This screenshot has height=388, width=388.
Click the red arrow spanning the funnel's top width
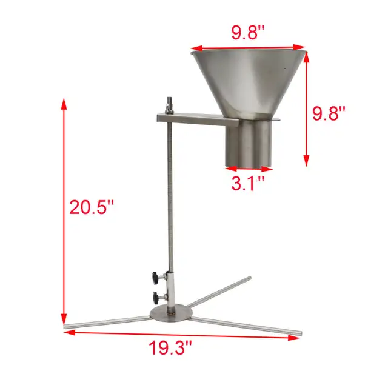[249, 47]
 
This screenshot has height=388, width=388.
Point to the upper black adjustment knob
[155, 278]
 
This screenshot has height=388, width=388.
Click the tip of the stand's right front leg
[298, 333]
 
